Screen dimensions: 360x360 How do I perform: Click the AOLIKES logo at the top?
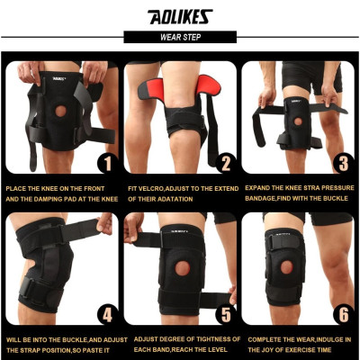point(179,16)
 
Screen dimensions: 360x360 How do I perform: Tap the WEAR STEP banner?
point(179,38)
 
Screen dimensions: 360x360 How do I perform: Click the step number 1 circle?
point(105,162)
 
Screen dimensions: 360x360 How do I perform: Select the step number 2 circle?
point(224,162)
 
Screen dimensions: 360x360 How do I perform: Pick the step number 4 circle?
point(105,316)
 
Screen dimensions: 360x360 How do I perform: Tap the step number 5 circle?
point(224,316)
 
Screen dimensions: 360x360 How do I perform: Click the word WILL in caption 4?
point(13,338)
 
